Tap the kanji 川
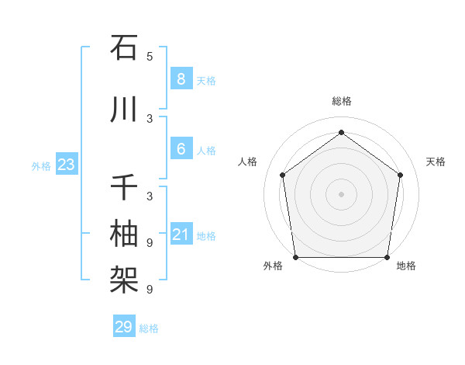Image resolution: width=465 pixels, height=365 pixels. tap(124, 109)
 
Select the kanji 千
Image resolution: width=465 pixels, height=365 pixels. tap(124, 189)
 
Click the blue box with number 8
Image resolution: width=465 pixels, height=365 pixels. tap(181, 79)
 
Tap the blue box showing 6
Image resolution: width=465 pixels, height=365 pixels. tap(181, 149)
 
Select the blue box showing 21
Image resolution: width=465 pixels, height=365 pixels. tap(181, 235)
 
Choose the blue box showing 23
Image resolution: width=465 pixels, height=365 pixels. tap(66, 165)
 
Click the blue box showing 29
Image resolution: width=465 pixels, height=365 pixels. tap(123, 327)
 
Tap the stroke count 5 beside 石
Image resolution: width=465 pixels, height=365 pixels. tap(150, 57)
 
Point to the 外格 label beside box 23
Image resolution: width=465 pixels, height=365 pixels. tap(41, 165)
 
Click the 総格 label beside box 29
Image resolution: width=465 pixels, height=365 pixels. tap(149, 328)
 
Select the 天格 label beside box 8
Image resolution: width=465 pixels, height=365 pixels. tap(206, 80)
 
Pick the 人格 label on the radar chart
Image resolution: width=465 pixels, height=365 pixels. tap(248, 162)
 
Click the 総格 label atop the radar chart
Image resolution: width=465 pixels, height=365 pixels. tap(341, 101)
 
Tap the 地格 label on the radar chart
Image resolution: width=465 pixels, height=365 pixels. tap(406, 266)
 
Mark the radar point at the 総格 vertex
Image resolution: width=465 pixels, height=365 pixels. tap(341, 133)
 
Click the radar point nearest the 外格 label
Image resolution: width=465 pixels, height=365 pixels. tap(296, 257)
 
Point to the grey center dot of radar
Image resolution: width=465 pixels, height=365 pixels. tap(341, 194)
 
